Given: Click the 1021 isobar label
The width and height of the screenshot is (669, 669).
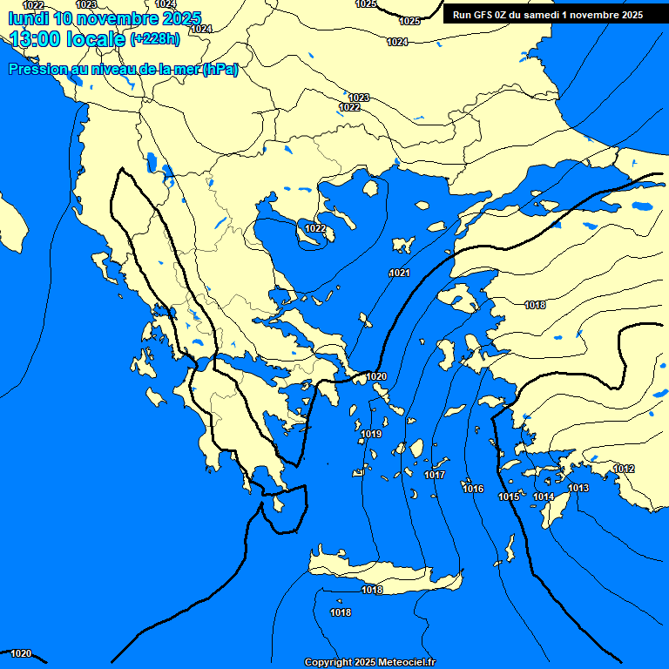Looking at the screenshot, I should [x=399, y=274].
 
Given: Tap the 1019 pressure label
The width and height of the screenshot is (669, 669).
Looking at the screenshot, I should [x=371, y=434].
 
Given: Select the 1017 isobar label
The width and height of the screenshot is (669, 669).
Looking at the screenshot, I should [x=435, y=475].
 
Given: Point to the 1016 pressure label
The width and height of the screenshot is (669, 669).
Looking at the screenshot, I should [x=473, y=489].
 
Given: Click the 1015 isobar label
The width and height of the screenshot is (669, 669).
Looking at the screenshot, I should [x=509, y=497].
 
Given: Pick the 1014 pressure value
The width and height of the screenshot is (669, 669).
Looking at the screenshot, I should [x=544, y=497].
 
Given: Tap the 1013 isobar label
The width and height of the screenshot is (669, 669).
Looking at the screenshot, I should [x=578, y=488].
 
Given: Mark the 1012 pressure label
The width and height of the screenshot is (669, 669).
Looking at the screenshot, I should [x=624, y=469].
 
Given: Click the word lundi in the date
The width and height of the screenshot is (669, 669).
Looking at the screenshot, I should [x=28, y=18].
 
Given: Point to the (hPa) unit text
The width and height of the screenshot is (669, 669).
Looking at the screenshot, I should [x=220, y=71].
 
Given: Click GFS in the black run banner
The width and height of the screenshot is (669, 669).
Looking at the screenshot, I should [x=483, y=15].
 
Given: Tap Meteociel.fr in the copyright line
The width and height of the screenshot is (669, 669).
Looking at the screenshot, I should [x=405, y=662].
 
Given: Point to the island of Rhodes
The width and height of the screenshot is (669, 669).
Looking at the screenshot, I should [x=554, y=510].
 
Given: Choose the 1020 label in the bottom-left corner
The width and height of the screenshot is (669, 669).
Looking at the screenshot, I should [x=21, y=653].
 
